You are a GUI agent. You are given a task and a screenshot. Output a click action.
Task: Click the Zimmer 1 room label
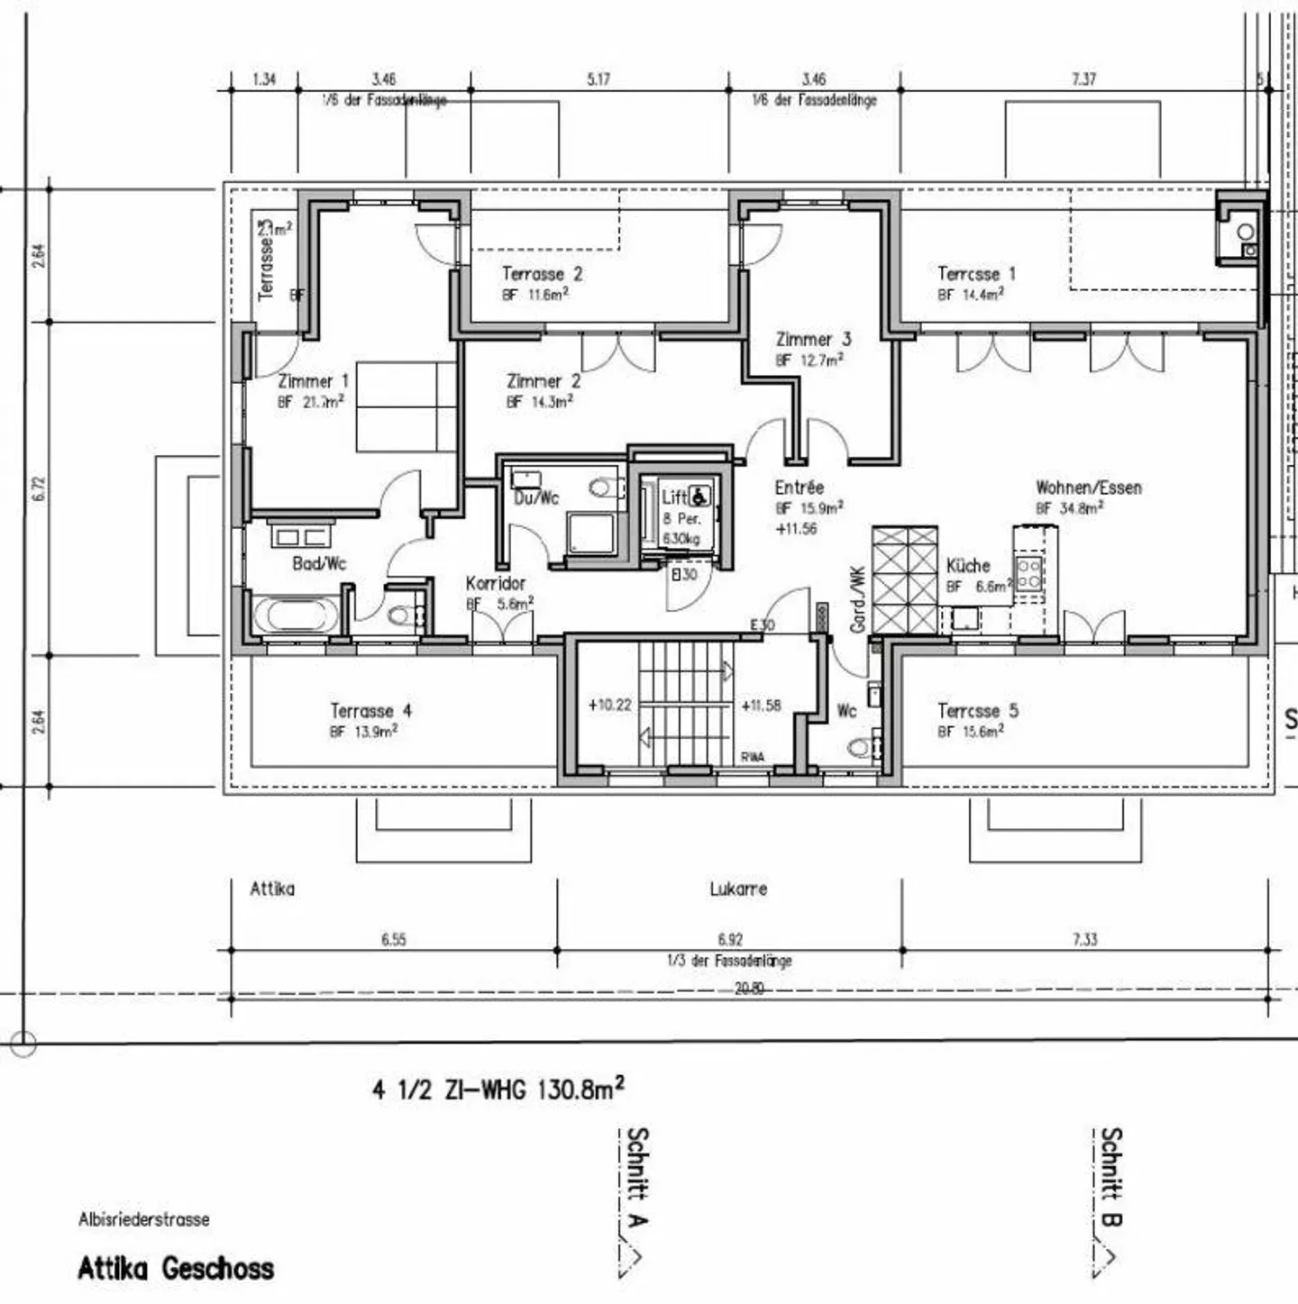pos(313,381)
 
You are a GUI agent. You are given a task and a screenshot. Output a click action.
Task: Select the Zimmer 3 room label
pos(813,340)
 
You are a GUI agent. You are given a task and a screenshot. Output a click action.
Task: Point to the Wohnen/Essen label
pos(1088,488)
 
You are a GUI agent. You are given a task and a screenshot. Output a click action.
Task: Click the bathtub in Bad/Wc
pos(297,616)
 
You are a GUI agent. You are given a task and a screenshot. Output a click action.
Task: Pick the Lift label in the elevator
pos(673,497)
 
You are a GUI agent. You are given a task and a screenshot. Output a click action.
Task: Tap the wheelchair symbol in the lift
pos(700,496)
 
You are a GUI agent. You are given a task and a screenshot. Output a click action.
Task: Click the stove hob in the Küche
pos(1029,573)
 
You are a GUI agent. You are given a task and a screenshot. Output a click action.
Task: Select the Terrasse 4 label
pos(370,711)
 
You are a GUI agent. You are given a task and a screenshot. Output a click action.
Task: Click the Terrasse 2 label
pos(542,274)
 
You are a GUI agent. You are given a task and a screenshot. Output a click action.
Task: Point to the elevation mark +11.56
pos(796,529)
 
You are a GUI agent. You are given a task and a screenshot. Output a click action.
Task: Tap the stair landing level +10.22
pos(609,705)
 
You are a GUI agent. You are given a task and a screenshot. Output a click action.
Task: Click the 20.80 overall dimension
pos(748,989)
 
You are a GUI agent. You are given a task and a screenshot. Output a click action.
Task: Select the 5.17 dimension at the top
pos(599,79)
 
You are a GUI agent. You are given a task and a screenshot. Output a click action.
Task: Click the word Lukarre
pos(738,889)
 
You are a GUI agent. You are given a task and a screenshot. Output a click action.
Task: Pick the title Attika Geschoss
pos(176,1269)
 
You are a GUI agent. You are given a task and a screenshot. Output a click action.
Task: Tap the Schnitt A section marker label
pos(636,1177)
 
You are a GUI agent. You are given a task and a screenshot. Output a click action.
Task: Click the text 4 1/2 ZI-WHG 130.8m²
pos(498,1089)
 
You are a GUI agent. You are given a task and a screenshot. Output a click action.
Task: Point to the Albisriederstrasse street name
pos(143,1219)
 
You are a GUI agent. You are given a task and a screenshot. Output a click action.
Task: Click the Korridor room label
pos(495,583)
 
